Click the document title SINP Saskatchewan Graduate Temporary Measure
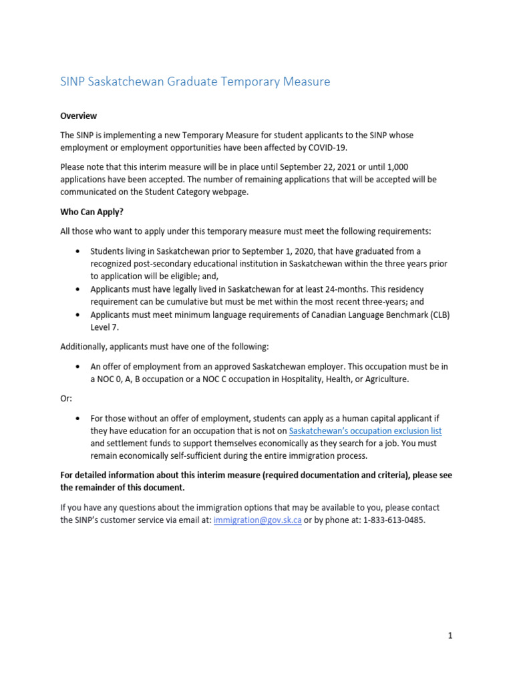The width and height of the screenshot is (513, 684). click(x=195, y=81)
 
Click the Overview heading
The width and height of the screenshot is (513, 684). click(x=78, y=116)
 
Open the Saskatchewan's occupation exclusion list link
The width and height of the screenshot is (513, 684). click(x=365, y=431)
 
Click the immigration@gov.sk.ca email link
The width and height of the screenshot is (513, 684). click(x=257, y=520)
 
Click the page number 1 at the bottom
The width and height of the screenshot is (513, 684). click(x=450, y=636)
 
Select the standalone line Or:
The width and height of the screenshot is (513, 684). click(x=65, y=399)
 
